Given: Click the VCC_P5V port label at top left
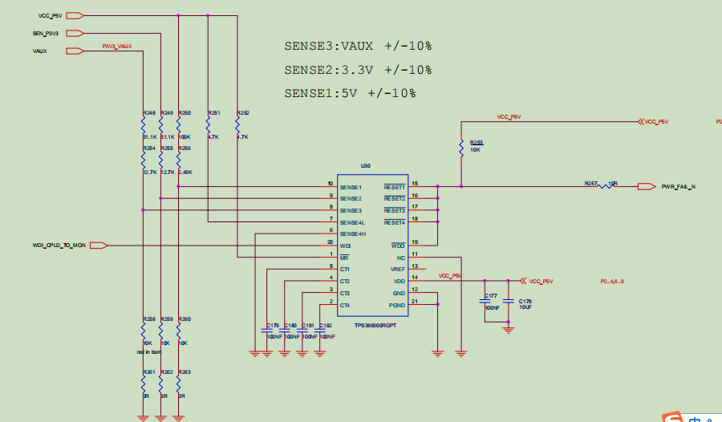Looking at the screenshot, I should [50, 15].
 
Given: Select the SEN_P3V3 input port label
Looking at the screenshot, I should [46, 33].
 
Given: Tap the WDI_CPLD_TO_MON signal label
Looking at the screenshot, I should [59, 245].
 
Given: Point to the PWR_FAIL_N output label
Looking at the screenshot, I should [678, 187].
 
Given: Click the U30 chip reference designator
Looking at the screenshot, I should [366, 166].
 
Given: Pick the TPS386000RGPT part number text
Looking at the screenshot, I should [375, 325].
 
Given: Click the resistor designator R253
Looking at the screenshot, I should [477, 142].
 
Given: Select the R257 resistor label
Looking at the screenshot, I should [591, 184].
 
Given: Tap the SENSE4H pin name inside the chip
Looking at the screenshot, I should [352, 233].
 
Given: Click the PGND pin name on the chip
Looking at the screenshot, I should [397, 306].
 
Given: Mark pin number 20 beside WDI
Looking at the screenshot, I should [330, 241].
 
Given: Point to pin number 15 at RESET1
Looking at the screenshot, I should [415, 184].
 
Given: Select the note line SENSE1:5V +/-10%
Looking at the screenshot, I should [350, 93].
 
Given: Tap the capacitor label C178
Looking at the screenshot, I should [525, 301].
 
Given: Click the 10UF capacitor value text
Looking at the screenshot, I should [525, 307].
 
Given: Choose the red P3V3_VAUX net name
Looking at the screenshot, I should [117, 47].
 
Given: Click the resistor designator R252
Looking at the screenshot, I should [243, 113].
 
